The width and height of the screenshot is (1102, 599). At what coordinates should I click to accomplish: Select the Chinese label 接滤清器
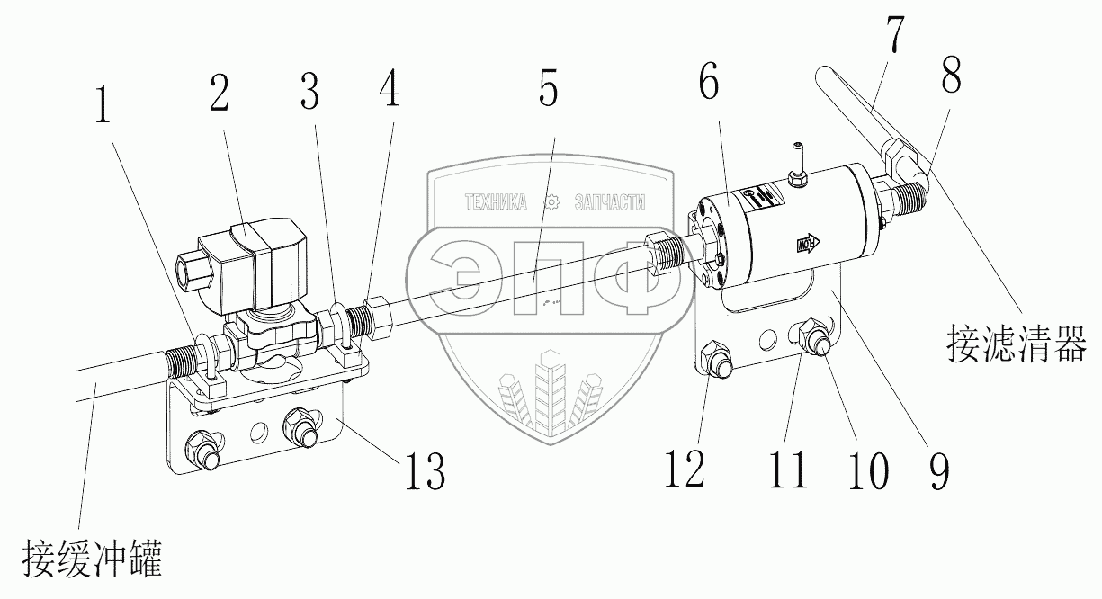[x=1016, y=343]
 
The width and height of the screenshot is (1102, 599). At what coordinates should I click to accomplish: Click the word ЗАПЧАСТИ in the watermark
[x=610, y=202]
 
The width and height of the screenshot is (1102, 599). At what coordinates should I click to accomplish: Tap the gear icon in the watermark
[x=551, y=202]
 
